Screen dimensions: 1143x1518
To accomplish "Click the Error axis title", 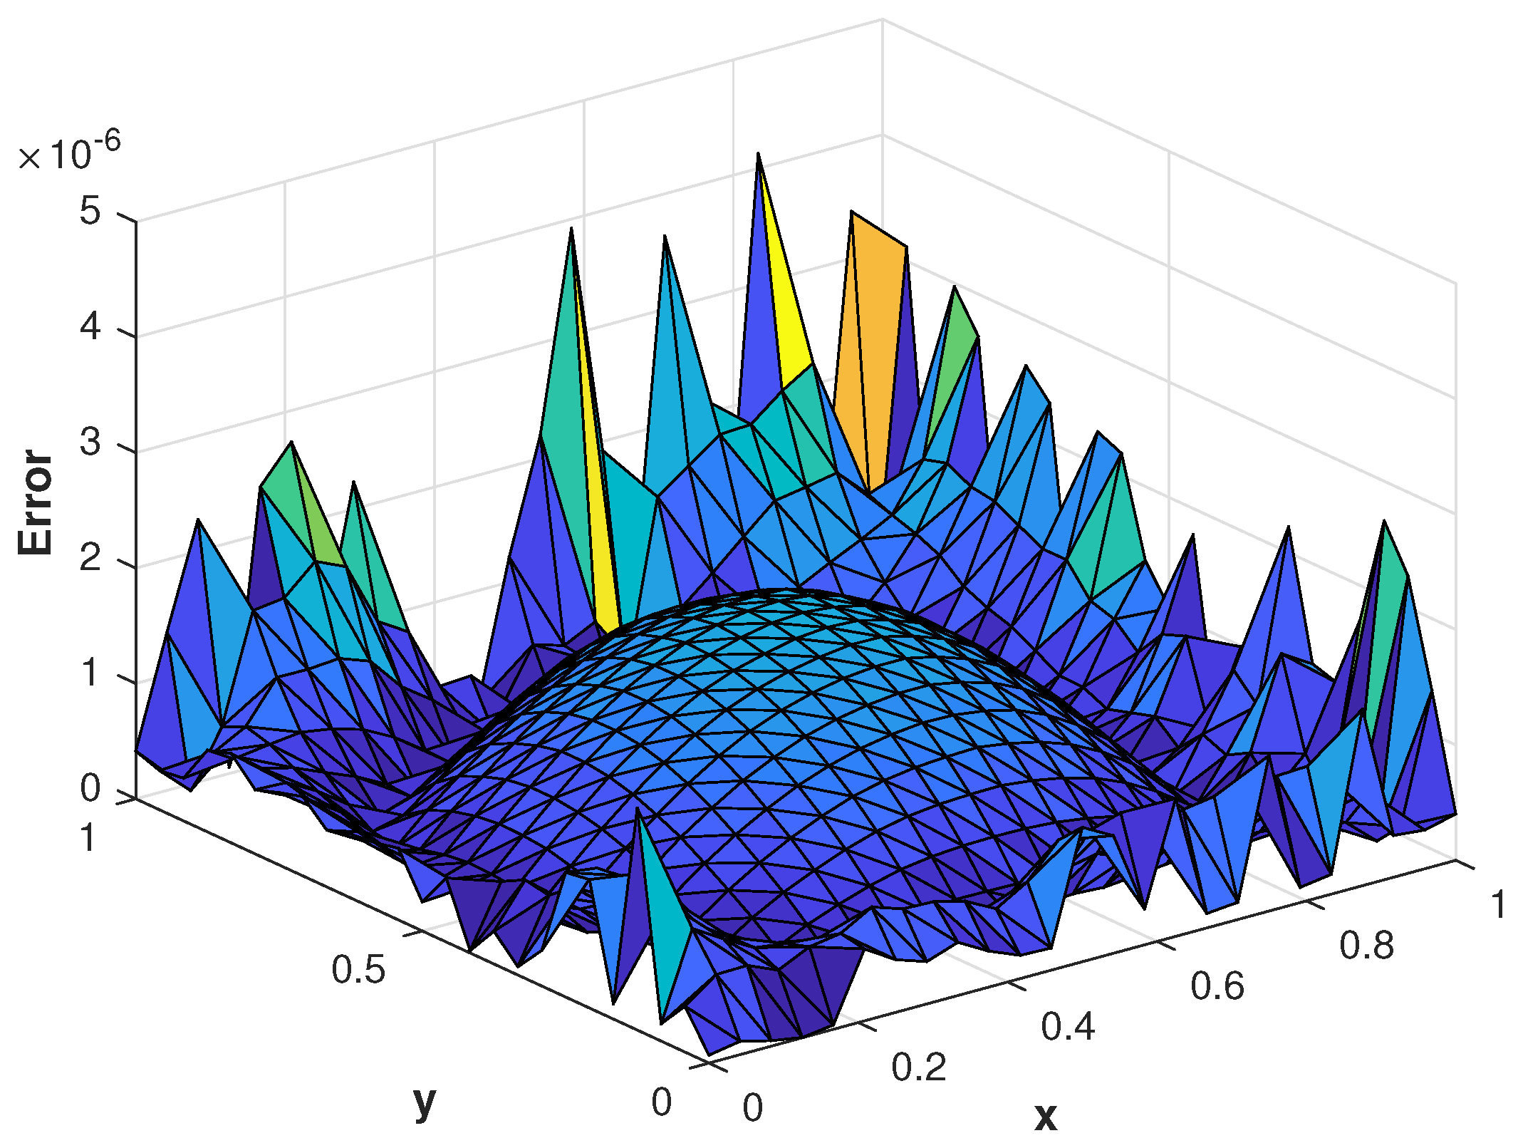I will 36,502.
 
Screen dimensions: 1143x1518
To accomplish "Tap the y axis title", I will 425,1102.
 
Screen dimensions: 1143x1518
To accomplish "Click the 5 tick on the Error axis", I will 90,212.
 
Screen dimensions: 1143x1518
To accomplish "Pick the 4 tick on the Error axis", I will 90,327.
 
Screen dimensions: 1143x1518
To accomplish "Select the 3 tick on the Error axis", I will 90,443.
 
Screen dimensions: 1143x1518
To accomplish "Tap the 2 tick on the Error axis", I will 90,558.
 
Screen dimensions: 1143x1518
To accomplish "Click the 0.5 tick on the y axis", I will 358,970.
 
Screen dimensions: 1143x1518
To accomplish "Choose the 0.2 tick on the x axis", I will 918,1067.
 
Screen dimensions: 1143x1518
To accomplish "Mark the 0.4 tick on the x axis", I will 1068,1027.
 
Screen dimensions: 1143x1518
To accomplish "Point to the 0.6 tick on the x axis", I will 1217,986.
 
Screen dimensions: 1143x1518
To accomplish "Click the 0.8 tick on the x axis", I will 1366,946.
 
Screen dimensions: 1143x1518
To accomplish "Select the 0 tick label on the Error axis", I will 90,789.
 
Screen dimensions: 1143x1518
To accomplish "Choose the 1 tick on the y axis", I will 88,838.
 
